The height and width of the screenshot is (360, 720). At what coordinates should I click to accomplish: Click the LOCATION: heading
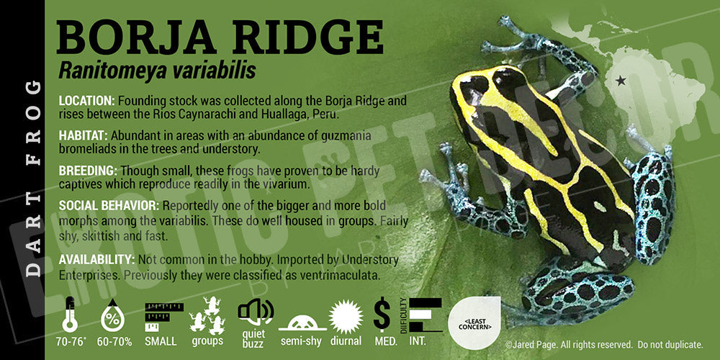pos(87,101)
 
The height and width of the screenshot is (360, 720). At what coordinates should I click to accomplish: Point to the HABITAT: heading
pos(83,136)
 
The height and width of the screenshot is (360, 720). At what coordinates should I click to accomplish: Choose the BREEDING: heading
pos(88,171)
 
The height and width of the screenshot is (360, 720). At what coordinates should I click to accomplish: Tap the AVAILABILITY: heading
pos(96,260)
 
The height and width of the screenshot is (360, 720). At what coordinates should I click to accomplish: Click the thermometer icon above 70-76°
pos(70,314)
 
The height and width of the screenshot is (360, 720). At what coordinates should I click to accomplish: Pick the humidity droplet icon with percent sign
pos(113,315)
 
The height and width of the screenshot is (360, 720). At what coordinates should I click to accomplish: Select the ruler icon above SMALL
pos(163,317)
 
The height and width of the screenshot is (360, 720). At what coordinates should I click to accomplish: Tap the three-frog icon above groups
pos(207,315)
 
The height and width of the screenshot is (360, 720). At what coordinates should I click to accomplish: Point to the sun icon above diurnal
pos(346,317)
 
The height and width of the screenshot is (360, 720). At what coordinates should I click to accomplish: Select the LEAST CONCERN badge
pos(474,323)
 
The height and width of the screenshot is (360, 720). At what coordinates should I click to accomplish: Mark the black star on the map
pos(621,81)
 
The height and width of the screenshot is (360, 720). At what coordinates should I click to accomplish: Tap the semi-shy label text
pos(301,341)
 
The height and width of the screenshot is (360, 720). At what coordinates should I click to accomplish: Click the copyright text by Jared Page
pos(604,344)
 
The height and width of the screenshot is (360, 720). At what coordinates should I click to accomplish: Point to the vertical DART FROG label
pos(32,179)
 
